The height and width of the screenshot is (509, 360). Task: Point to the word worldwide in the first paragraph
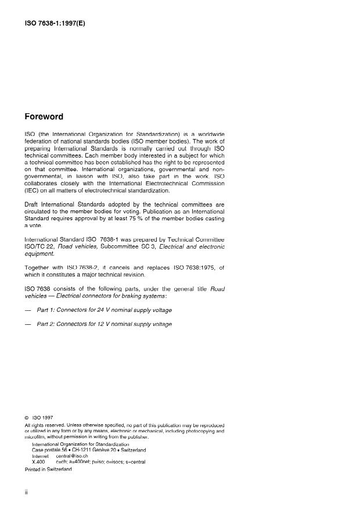[x=210, y=134]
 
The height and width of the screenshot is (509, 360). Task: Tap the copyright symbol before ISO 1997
[x=27, y=417]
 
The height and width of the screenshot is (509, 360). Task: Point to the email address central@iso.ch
[x=71, y=456]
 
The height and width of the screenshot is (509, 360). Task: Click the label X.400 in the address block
[x=38, y=462]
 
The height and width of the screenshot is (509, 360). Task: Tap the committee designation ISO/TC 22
[x=42, y=247]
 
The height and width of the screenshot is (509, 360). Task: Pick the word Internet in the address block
[x=42, y=456]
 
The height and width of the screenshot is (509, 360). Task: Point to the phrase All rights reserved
[x=46, y=425]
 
